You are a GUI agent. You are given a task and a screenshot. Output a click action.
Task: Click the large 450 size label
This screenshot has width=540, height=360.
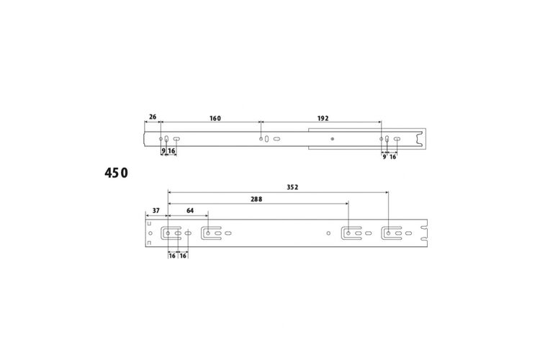116,173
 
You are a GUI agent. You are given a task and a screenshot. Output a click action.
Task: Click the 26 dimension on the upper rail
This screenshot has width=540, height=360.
153,117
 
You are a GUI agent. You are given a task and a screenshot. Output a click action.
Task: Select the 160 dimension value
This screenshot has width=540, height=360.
215,119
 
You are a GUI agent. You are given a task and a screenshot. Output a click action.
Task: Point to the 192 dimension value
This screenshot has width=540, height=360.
323,119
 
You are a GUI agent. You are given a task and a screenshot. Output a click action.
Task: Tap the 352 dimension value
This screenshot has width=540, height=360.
292,187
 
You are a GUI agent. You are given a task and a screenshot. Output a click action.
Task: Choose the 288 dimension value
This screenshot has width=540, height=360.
256,199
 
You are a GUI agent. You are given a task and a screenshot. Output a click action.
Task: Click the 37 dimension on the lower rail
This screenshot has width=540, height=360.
156,210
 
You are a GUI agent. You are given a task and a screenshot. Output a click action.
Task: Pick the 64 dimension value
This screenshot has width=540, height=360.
190,210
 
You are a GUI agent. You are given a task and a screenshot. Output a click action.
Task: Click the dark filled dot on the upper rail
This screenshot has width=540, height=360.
333,139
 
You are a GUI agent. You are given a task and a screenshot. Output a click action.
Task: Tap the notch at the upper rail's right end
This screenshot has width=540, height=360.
420,139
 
